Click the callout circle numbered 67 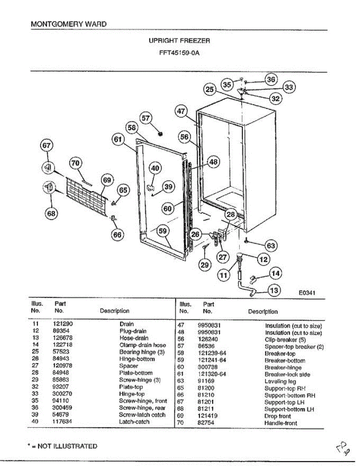[47, 146]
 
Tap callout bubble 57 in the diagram [146, 118]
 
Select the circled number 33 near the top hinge [289, 87]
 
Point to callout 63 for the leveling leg [271, 245]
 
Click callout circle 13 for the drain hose [274, 290]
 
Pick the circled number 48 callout [213, 162]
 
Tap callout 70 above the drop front [75, 163]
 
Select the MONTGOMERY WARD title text [68, 24]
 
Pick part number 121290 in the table [62, 324]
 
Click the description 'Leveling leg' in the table [280, 381]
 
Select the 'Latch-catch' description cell [134, 422]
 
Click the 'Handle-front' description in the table [281, 423]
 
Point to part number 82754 [206, 423]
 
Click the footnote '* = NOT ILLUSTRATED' [64, 446]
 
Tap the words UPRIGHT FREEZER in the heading [179, 40]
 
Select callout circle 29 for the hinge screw [205, 265]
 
